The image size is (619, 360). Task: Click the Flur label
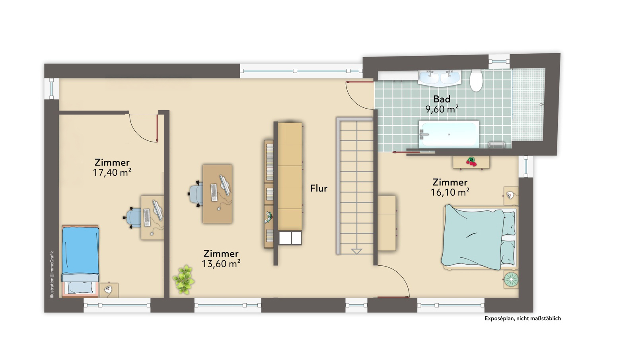pyautogui.click(x=319, y=189)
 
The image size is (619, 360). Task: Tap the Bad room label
pyautogui.click(x=442, y=99)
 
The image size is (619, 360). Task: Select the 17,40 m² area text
pyautogui.click(x=112, y=173)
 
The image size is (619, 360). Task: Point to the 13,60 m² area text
pyautogui.click(x=221, y=264)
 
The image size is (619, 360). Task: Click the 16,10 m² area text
pyautogui.click(x=450, y=193)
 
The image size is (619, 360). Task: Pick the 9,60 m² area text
pyautogui.click(x=442, y=109)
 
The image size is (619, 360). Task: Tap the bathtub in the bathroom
pyautogui.click(x=449, y=134)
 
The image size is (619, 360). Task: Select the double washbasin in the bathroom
pyautogui.click(x=439, y=78)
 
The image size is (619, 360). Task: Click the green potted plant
pyautogui.click(x=183, y=279)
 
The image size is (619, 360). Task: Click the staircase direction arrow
pyautogui.click(x=356, y=251)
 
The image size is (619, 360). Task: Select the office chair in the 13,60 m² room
pyautogui.click(x=196, y=194)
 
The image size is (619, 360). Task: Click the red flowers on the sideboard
pyautogui.click(x=471, y=162)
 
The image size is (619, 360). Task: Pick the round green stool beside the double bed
pyautogui.click(x=511, y=279)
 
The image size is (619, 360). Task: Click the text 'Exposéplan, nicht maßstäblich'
pyautogui.click(x=522, y=318)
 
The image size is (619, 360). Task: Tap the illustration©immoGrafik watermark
pyautogui.click(x=52, y=274)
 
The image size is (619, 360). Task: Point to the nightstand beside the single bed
pyautogui.click(x=109, y=290)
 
